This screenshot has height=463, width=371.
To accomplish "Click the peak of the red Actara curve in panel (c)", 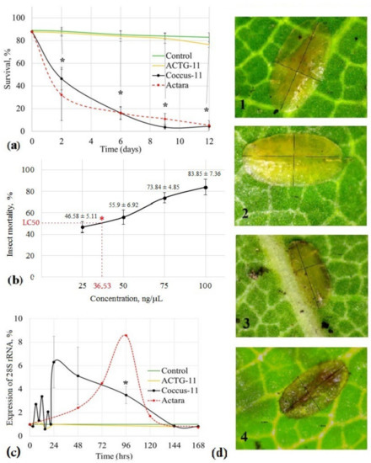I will click(x=126, y=335).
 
